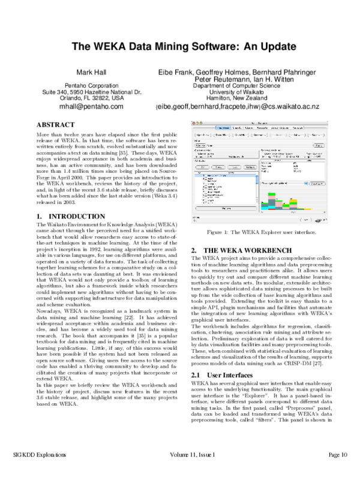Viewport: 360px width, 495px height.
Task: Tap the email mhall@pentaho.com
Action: click(x=92, y=106)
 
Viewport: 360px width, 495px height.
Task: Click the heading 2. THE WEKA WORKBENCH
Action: click(x=233, y=249)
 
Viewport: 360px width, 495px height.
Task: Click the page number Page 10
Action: click(x=337, y=472)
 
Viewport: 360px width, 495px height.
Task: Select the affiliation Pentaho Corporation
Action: click(x=92, y=86)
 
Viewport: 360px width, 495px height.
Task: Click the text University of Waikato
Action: click(x=245, y=92)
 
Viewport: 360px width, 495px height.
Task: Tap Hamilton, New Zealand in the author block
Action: click(x=245, y=98)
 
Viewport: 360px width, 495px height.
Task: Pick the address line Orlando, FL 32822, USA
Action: click(x=92, y=98)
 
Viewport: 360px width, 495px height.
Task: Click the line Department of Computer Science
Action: click(x=245, y=86)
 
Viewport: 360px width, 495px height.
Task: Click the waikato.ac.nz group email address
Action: click(x=245, y=106)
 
